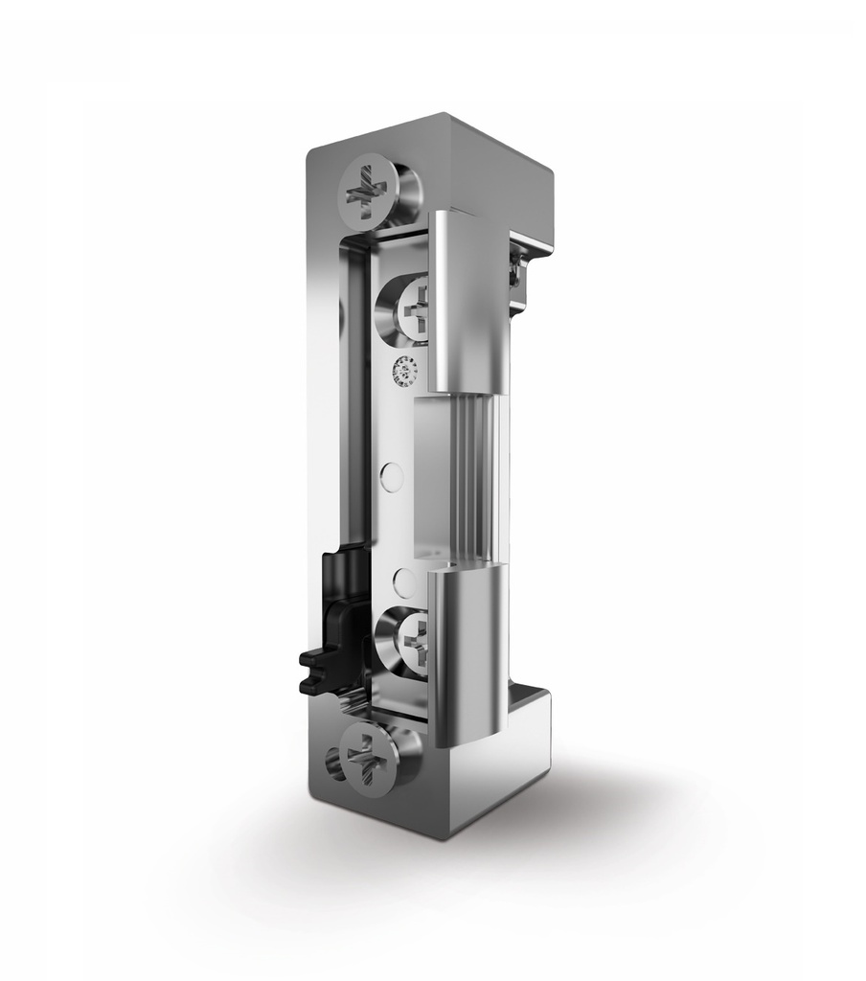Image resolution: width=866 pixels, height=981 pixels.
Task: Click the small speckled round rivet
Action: click(x=405, y=368)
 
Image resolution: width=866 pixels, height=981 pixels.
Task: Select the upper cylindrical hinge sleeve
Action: click(x=466, y=302)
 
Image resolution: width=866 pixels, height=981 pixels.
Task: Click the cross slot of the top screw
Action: click(x=364, y=191)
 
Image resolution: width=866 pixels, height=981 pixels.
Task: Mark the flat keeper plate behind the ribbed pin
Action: click(x=431, y=479)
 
